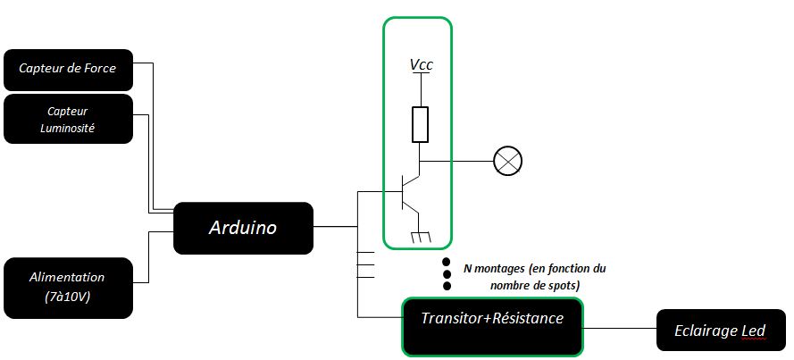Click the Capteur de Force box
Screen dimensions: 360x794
pos(68,70)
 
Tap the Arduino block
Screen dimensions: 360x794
pos(243,227)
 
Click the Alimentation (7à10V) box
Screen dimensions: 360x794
pos(68,288)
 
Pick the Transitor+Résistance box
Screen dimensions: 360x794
pos(492,325)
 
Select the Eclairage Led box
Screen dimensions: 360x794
pos(723,331)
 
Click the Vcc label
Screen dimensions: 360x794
pos(422,64)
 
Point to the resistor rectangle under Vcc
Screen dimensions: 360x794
pos(421,124)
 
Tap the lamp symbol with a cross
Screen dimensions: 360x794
pos(508,162)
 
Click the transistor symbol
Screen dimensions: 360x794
pos(408,192)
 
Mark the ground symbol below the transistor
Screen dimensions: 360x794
pos(420,237)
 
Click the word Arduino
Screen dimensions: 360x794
pos(243,227)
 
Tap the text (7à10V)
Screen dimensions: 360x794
pos(67,297)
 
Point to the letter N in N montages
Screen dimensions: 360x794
pos(467,267)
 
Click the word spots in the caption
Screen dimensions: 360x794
pos(564,284)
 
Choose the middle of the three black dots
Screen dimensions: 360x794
pos(447,274)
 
